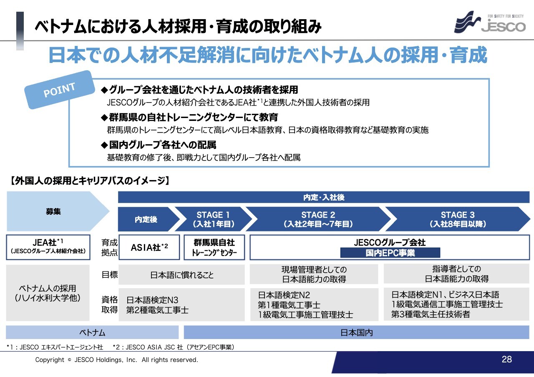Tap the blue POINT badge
click(59, 90)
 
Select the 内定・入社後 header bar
click(324, 198)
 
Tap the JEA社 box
click(48, 247)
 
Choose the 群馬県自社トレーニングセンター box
click(214, 247)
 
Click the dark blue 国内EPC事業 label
click(390, 253)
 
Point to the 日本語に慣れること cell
click(182, 275)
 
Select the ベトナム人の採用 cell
click(48, 293)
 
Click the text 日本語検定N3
click(152, 300)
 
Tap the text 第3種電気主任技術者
click(431, 314)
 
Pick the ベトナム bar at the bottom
click(92, 333)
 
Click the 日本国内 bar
click(356, 333)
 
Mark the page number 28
click(506, 359)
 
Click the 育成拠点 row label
click(109, 247)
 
